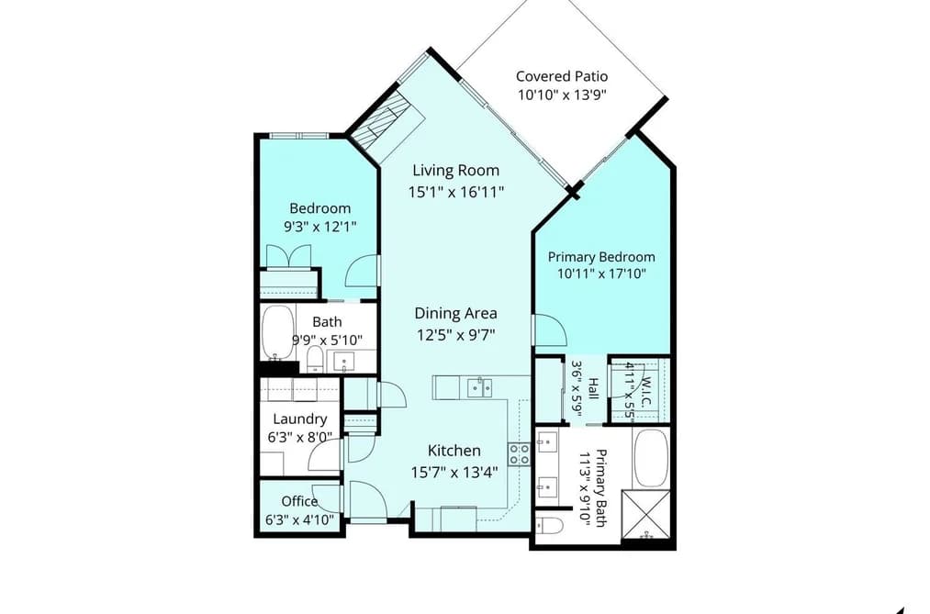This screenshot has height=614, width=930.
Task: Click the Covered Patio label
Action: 562,76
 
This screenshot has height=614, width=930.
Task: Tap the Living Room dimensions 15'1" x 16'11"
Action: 455,192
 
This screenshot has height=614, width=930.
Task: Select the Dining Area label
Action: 455,313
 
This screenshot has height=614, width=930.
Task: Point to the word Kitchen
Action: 454,451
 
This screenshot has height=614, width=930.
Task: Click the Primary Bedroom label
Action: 601,257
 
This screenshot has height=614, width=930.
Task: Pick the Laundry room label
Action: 300,419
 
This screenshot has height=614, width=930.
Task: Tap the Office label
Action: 299,501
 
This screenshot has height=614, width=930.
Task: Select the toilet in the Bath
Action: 315,359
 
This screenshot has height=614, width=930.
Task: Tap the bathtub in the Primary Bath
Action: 651,459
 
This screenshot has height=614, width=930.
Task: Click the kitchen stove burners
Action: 519,454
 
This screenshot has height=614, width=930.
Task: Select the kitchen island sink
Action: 479,388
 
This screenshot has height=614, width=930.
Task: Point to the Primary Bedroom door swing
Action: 551,329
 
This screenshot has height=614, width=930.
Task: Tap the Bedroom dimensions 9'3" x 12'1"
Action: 320,227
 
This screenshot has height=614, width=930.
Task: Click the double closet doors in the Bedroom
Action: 288,256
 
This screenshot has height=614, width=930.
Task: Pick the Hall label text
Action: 592,389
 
